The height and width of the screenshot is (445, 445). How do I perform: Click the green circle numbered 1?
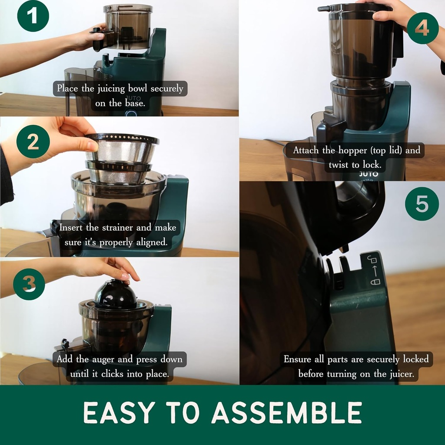(33, 16)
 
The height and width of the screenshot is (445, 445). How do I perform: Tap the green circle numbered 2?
(33, 141)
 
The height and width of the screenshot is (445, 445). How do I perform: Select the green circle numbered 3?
(29, 284)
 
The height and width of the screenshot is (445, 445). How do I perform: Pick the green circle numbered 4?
(422, 28)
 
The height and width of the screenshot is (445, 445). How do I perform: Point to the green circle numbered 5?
(422, 204)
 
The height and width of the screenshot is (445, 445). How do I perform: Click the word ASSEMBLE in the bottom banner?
(287, 412)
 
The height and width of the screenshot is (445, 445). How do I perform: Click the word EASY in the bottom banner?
(119, 412)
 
